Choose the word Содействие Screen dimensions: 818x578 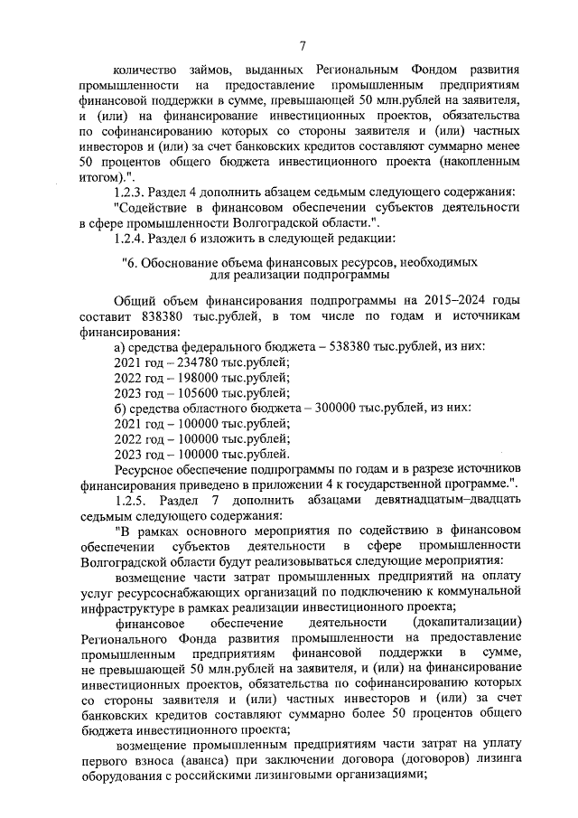coord(155,207)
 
